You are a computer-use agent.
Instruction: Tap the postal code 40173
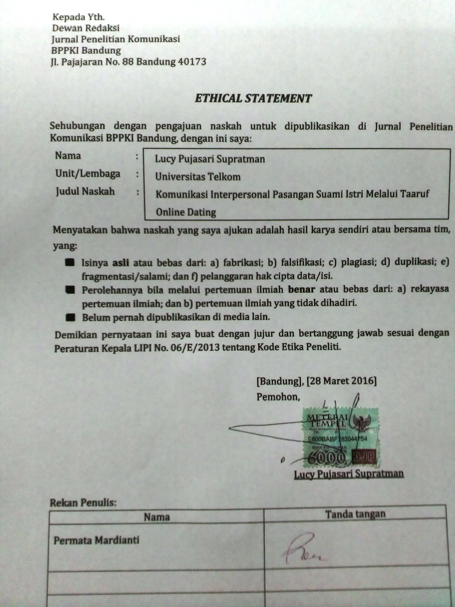click(192, 62)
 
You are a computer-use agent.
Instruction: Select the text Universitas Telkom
click(198, 177)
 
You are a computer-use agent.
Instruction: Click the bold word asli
click(121, 263)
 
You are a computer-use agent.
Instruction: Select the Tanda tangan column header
click(355, 514)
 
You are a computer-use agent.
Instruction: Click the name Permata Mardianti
click(96, 541)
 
